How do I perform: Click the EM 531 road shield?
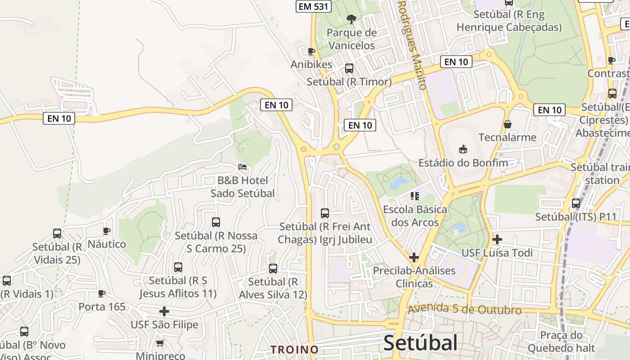[314, 6]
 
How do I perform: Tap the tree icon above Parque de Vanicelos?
[351, 19]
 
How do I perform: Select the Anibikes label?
[311, 64]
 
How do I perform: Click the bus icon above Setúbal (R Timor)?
[349, 68]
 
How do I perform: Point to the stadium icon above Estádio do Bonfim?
[463, 148]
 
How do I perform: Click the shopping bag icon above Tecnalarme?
[508, 124]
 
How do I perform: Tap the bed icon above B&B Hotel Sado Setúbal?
[243, 167]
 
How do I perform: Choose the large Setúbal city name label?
[420, 343]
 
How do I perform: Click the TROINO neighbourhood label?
[294, 350]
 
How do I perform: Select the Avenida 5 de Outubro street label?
[465, 309]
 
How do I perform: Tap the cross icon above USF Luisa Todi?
[497, 239]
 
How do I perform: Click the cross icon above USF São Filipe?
[164, 311]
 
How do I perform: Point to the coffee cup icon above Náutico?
[107, 231]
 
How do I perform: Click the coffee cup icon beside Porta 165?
[102, 293]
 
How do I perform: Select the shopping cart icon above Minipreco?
[160, 343]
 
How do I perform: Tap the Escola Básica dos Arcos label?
[415, 216]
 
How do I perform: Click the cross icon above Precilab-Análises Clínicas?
[414, 257]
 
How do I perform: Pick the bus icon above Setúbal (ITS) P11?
[576, 203]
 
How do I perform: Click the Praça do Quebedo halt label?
[561, 342]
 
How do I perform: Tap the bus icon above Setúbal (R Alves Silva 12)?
[273, 269]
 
